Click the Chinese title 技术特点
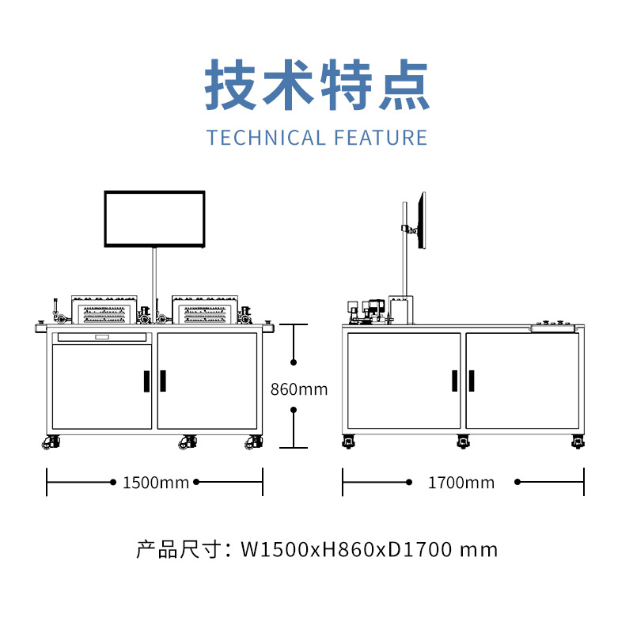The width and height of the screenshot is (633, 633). [x=316, y=84]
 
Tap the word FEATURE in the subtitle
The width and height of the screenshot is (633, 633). [x=381, y=138]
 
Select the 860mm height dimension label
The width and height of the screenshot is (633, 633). [x=298, y=389]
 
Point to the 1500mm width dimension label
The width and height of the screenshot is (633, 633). [x=155, y=483]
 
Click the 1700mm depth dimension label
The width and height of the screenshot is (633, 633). [x=461, y=483]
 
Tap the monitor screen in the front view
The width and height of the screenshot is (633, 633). [x=155, y=219]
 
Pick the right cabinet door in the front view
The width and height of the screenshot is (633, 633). [x=207, y=381]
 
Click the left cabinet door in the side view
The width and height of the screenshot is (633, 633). [x=404, y=381]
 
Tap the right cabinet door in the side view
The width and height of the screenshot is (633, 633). [x=522, y=381]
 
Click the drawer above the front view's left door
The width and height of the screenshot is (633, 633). [x=101, y=338]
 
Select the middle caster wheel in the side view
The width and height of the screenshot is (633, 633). [x=463, y=442]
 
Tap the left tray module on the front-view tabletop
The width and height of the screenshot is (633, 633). [x=104, y=311]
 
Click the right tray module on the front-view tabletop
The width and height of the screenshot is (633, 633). [x=206, y=311]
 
